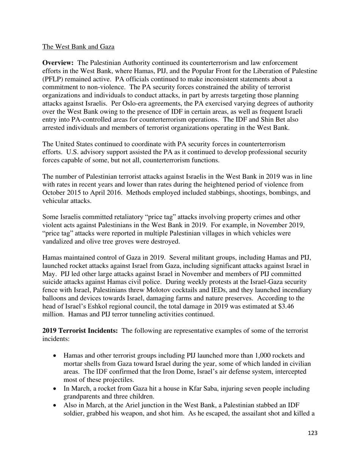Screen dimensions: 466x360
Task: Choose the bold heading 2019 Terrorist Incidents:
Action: click(x=80, y=331)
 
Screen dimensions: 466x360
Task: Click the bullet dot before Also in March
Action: click(x=55, y=405)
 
